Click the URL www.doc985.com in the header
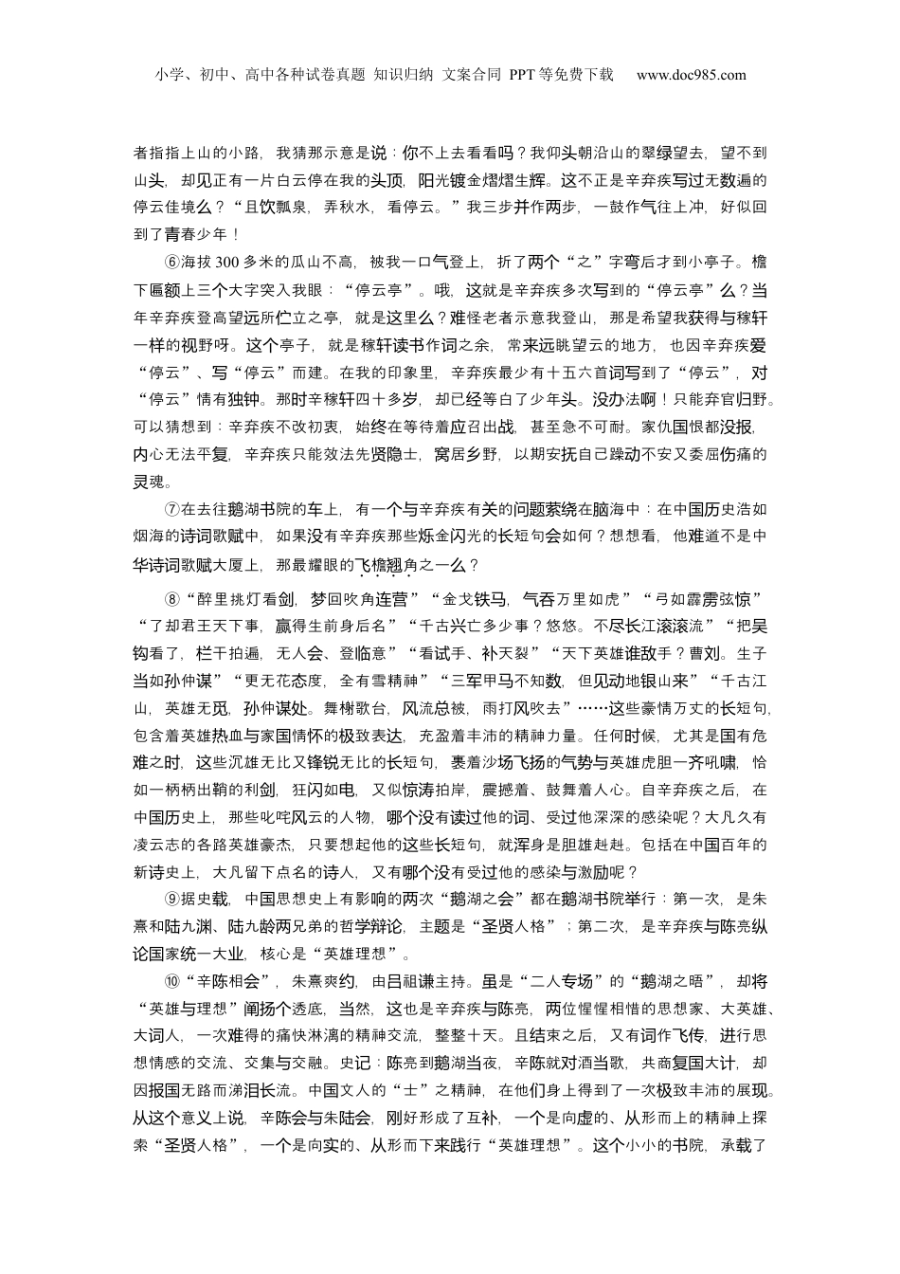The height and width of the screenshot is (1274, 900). pos(691,75)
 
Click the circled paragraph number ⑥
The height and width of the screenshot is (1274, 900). pos(172,263)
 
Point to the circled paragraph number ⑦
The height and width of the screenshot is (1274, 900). pos(172,509)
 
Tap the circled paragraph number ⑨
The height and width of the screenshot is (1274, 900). pos(172,899)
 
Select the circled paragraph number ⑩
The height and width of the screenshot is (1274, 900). pos(172,981)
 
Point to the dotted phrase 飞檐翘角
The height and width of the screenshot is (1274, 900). pos(386,565)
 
